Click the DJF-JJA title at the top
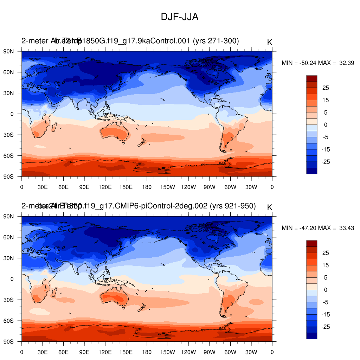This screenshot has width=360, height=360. pyautogui.click(x=180, y=17)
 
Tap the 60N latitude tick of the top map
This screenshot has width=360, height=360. pyautogui.click(x=22, y=72)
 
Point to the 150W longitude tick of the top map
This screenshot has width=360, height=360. pyautogui.click(x=168, y=176)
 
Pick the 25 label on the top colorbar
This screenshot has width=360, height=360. pyautogui.click(x=326, y=88)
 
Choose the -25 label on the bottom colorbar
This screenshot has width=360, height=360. pyautogui.click(x=326, y=327)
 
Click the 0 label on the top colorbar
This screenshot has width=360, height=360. pyautogui.click(x=326, y=125)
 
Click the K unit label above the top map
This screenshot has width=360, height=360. pyautogui.click(x=270, y=42)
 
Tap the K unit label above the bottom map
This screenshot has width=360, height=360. pyautogui.click(x=270, y=207)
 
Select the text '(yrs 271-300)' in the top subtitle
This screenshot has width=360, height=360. pyautogui.click(x=216, y=41)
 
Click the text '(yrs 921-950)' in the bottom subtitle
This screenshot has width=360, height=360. pyautogui.click(x=232, y=206)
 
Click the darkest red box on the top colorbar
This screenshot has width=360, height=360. pyautogui.click(x=311, y=78)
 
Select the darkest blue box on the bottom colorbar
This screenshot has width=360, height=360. pyautogui.click(x=311, y=336)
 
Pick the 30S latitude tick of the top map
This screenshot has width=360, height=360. pyautogui.click(x=22, y=135)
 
